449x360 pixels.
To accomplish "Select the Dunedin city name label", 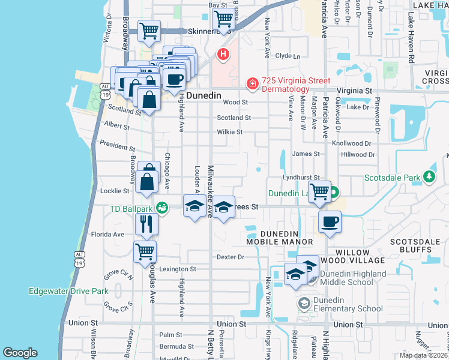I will pos(203,95).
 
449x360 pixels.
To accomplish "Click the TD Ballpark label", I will pos(131,209).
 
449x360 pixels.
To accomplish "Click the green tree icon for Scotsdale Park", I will pos(429,177).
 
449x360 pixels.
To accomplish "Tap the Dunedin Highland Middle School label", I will pos(357,278).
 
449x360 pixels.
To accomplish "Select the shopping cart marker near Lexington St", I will pos(145,252).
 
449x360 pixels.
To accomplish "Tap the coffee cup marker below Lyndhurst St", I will pos(330,222).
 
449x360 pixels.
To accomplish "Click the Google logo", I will pos(20,353).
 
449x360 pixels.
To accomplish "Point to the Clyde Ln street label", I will pos(287,56).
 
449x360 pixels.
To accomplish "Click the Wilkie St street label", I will pos(229,132).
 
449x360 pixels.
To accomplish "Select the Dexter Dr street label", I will pos(231,257).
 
